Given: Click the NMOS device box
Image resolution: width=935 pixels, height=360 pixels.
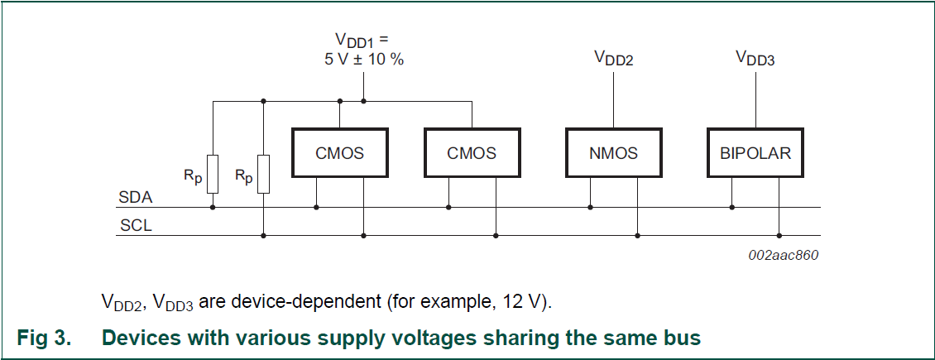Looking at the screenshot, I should [613, 153].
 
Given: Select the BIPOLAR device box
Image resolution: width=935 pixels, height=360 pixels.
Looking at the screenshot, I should [755, 153].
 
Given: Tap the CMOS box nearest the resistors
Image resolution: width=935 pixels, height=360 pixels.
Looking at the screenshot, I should [339, 153].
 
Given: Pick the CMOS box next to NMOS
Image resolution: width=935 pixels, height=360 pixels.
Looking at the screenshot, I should [472, 153].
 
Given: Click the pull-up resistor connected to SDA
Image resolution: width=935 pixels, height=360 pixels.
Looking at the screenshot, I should [213, 174].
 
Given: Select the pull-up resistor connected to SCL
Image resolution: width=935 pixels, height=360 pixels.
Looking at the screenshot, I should [263, 174].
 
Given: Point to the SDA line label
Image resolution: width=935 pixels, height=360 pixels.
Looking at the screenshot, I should [136, 199].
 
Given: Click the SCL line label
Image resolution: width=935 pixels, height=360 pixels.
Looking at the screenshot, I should [136, 225].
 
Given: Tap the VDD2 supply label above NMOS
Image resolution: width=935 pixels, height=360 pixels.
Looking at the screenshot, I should [613, 58].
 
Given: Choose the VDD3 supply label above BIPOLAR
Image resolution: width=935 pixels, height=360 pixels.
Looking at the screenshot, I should [755, 58].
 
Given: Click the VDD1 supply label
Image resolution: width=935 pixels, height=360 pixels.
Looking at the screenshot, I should [361, 40].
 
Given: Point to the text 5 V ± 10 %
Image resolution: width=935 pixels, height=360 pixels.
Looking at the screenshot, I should [364, 60].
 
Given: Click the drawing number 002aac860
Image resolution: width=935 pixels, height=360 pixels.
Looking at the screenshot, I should [783, 255].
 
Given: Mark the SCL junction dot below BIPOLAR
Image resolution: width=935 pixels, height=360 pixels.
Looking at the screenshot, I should [779, 235].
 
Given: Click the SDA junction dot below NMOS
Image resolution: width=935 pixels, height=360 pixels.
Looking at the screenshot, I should [590, 207].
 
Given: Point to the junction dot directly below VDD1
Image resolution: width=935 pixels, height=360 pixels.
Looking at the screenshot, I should [364, 102].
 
